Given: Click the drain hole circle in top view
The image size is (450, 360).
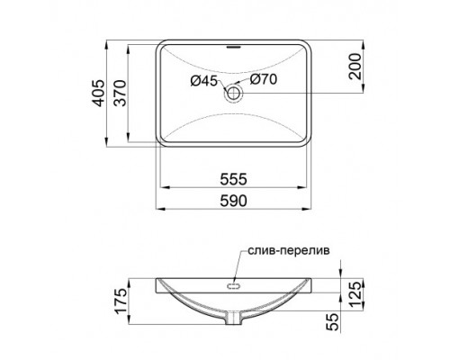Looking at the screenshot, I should coord(235,91).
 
